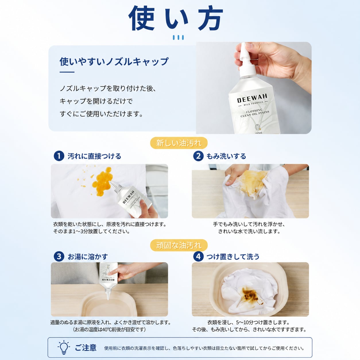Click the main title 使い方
pyautogui.click(x=176, y=18)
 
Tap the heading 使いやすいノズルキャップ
pyautogui.click(x=114, y=62)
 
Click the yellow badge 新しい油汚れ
pyautogui.click(x=179, y=143)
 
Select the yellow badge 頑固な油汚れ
pyautogui.click(x=179, y=245)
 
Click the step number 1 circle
pyautogui.click(x=59, y=156)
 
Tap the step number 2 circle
pyautogui.click(x=198, y=156)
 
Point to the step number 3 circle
pyautogui.click(x=59, y=256)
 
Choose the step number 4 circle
pyautogui.click(x=198, y=256)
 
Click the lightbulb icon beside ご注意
pyautogui.click(x=64, y=347)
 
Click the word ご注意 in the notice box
pyautogui.click(x=86, y=348)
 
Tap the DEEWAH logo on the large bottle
pyautogui.click(x=252, y=98)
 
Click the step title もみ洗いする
pyautogui.click(x=226, y=156)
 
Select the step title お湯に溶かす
pyautogui.click(x=88, y=257)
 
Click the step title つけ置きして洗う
pyautogui.click(x=233, y=257)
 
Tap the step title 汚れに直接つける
pyautogui.click(x=94, y=156)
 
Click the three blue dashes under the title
pyautogui.click(x=178, y=37)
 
